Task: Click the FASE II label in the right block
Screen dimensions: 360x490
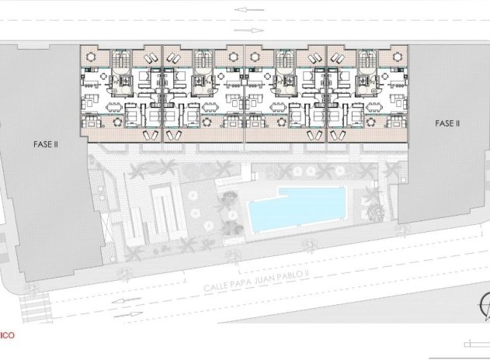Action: tap(447, 123)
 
